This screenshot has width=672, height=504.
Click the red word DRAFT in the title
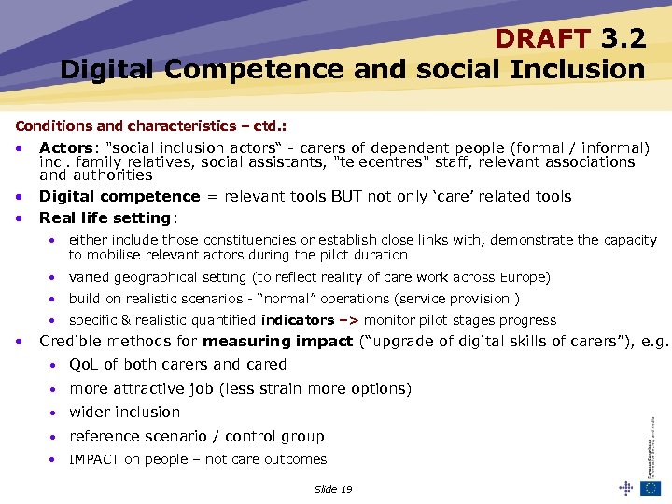click(x=541, y=39)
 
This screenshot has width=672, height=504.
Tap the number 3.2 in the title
click(x=623, y=39)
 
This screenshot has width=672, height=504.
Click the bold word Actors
click(x=64, y=147)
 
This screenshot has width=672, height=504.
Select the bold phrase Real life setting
click(x=105, y=217)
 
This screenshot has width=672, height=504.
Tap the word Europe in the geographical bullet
click(x=524, y=277)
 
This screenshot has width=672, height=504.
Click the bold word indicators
click(x=297, y=320)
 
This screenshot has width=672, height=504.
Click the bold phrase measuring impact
click(x=277, y=341)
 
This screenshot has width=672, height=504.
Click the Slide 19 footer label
click(x=333, y=489)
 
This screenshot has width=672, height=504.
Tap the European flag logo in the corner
click(x=651, y=487)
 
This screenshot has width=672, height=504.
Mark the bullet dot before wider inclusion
click(x=56, y=413)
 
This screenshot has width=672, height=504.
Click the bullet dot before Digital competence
click(x=20, y=196)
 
